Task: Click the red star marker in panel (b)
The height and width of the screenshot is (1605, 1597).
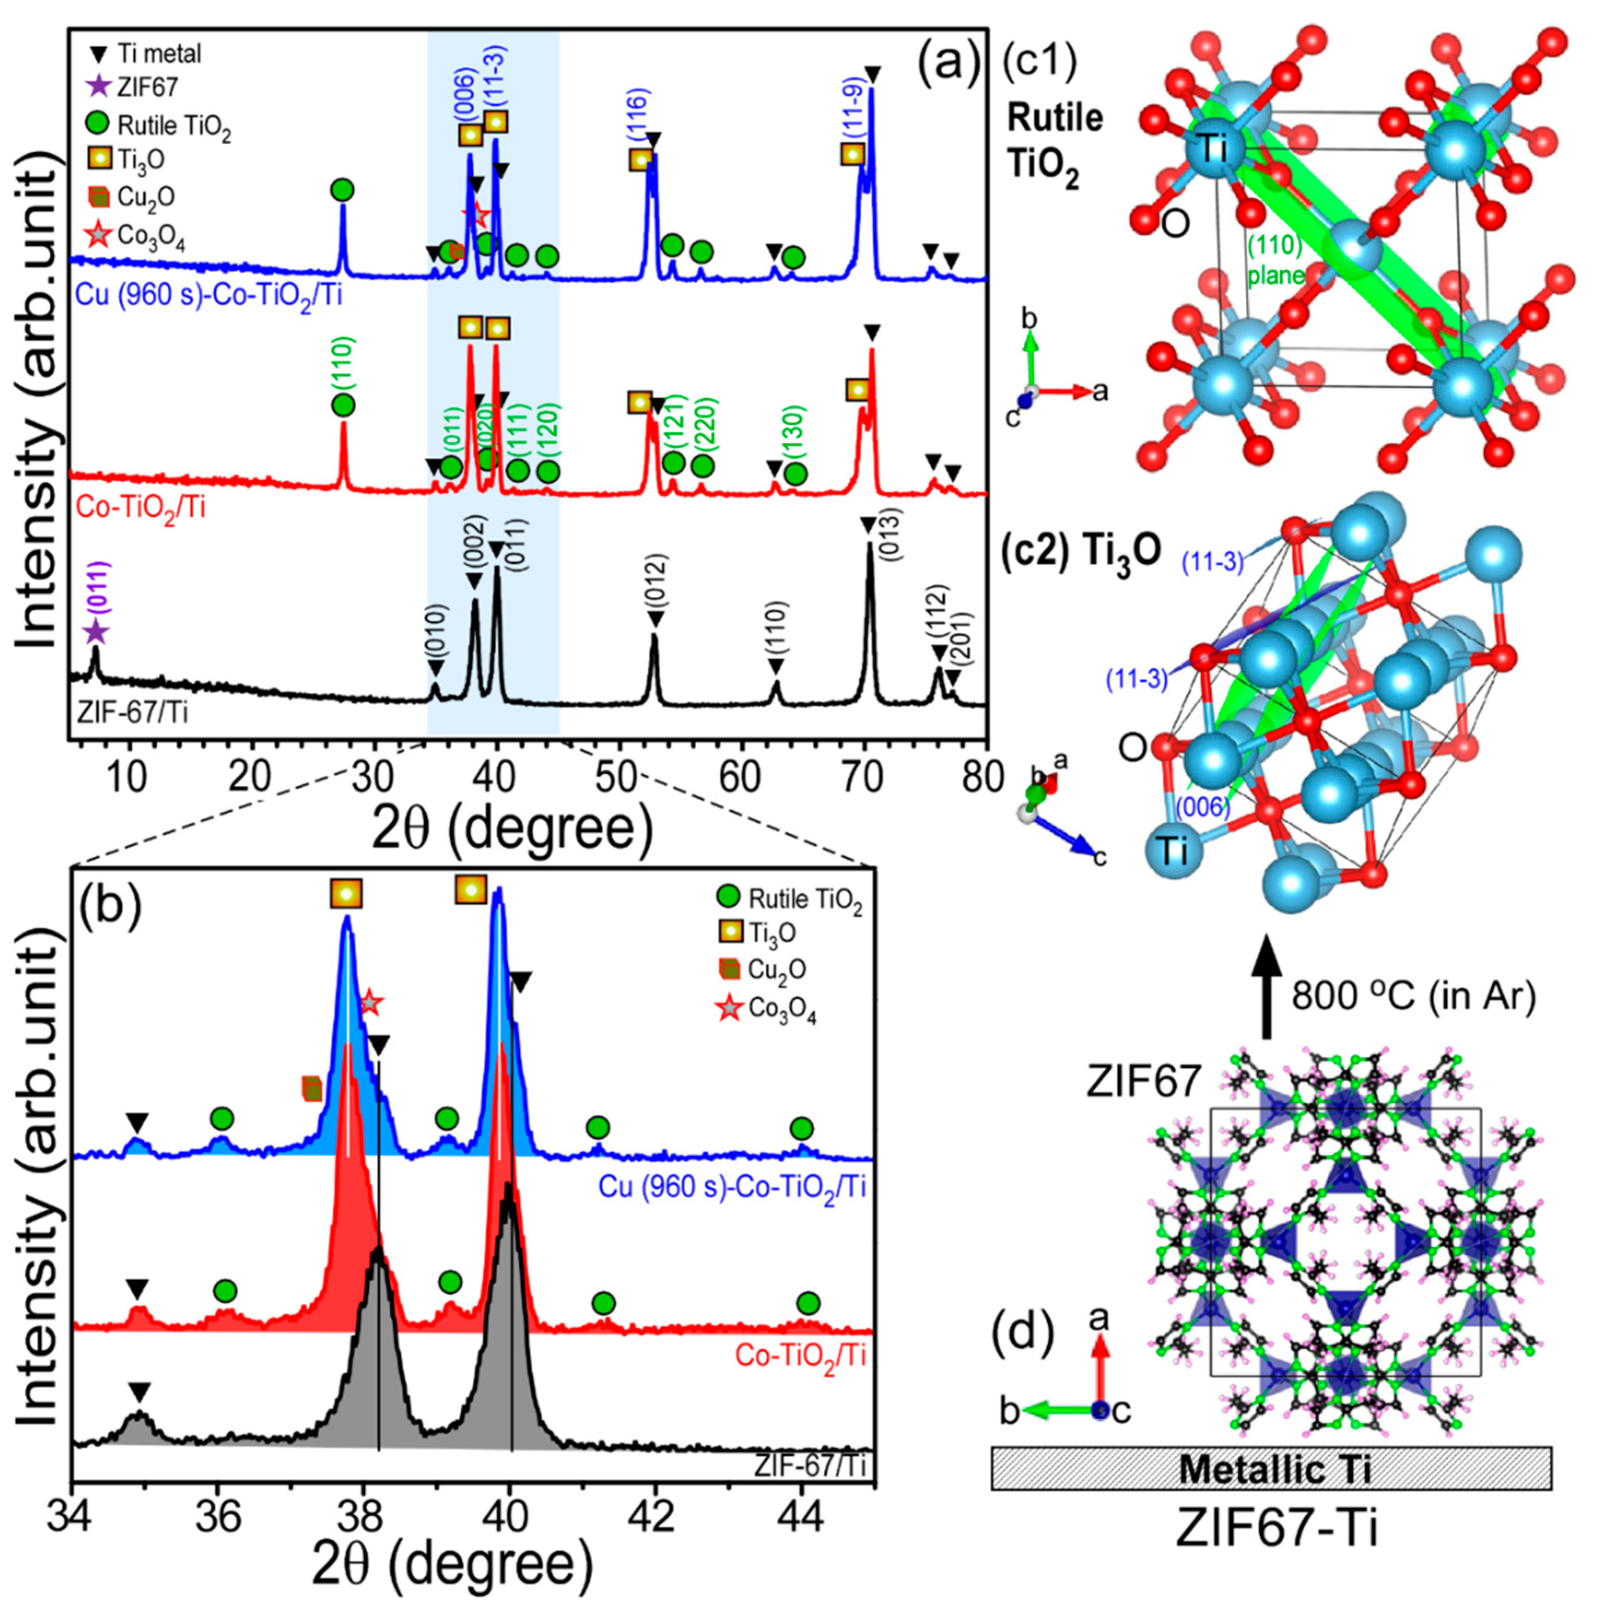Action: coord(371,1003)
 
